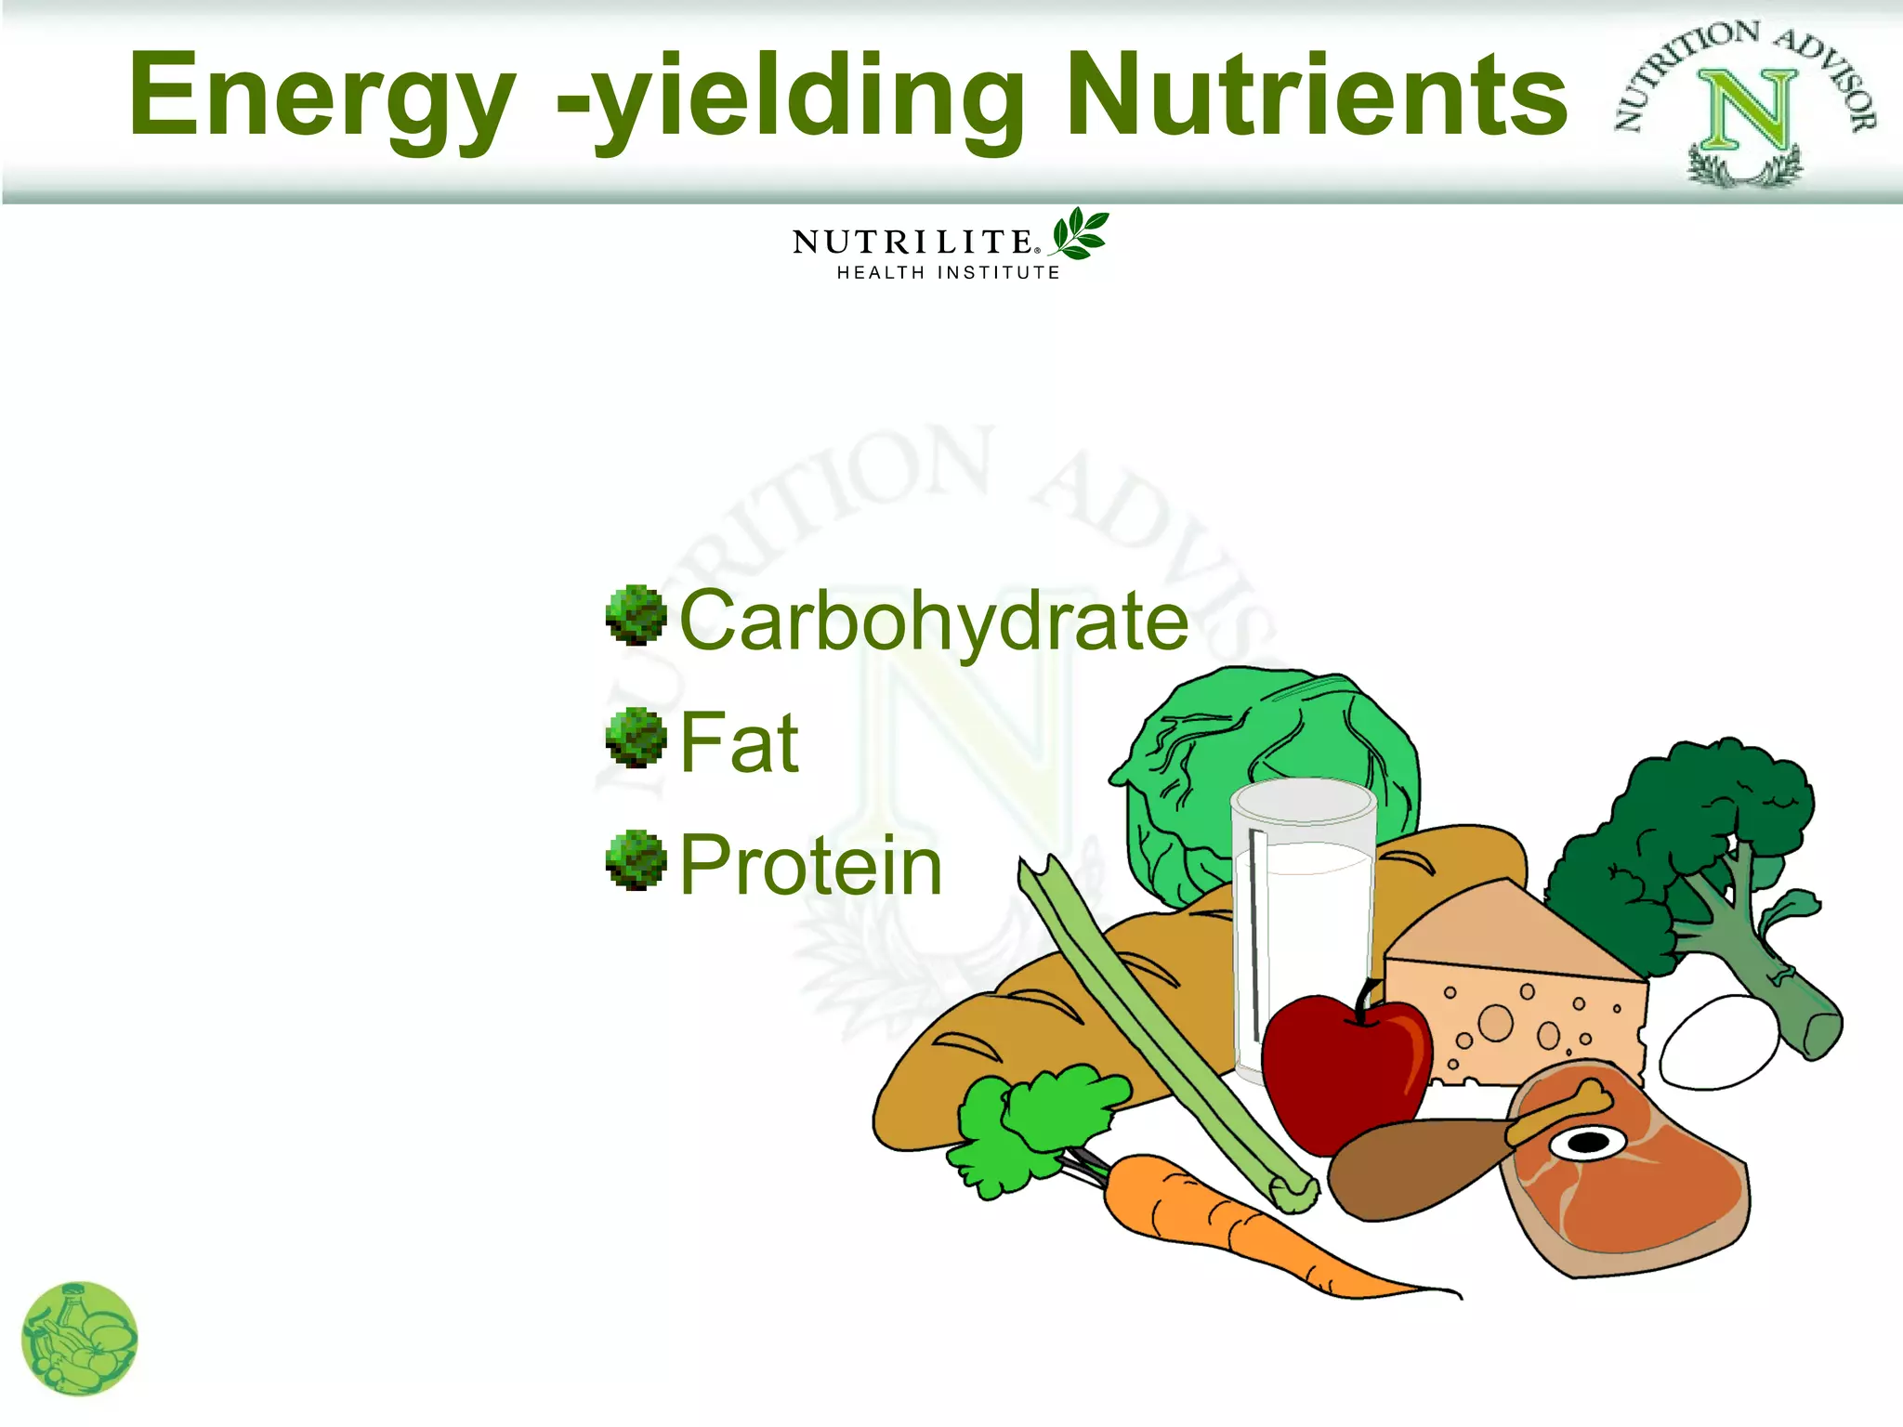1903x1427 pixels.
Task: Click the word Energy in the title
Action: pos(321,96)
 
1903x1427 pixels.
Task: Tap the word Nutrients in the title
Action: pos(1316,96)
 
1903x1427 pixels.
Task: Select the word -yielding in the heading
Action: pos(790,96)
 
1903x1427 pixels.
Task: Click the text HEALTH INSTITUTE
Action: pos(948,273)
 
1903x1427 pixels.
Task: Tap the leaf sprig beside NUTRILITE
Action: pos(1080,233)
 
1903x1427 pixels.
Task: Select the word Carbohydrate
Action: pos(933,621)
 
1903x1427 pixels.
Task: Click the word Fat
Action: pos(739,742)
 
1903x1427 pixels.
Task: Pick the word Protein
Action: pos(810,865)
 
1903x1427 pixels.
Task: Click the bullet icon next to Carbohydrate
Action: pos(637,615)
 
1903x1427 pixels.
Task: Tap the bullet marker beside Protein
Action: pos(637,860)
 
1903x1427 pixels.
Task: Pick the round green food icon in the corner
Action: pos(79,1339)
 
